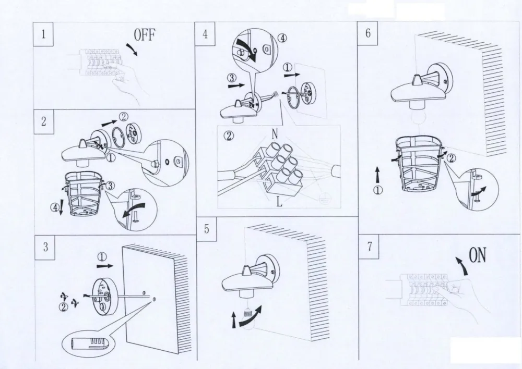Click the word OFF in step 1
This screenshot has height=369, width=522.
click(145, 35)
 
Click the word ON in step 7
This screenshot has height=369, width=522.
click(478, 256)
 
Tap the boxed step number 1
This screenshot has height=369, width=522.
click(43, 34)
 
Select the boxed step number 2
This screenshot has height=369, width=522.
click(44, 121)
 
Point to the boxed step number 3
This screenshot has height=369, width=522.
click(45, 247)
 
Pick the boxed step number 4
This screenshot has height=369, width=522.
click(205, 34)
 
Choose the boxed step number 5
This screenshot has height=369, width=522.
click(207, 229)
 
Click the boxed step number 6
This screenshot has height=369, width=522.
click(368, 33)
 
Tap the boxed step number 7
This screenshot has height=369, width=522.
click(369, 247)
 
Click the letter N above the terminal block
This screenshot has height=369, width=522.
click(275, 133)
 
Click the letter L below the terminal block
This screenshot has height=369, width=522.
click(279, 201)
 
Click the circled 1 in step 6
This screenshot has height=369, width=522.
click(377, 190)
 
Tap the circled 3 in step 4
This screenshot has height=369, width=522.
click(232, 78)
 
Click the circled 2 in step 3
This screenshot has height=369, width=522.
click(64, 307)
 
